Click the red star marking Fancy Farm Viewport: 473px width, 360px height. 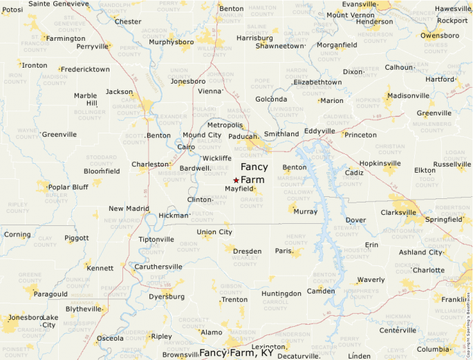click(x=236, y=180)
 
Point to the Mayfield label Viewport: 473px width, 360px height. click(x=239, y=189)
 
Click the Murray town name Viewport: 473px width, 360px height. click(x=306, y=211)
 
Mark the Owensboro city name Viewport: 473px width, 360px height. click(x=439, y=35)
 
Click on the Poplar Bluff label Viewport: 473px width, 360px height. click(x=68, y=187)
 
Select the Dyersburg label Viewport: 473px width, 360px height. click(x=166, y=296)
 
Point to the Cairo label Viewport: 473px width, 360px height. click(x=186, y=147)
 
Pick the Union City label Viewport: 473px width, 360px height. click(x=214, y=232)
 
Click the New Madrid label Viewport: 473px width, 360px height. click(x=129, y=208)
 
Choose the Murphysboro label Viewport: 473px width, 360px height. click(x=171, y=41)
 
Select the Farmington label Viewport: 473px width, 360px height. click(x=65, y=39)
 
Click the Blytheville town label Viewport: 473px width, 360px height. click(x=84, y=309)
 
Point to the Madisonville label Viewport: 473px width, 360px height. click(x=408, y=95)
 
